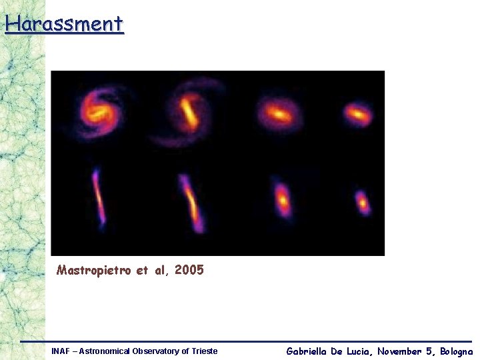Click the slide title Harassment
click(64, 24)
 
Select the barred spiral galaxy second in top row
click(189, 112)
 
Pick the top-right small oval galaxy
click(358, 115)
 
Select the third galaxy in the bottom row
click(283, 199)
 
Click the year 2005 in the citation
click(189, 271)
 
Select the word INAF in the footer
click(61, 351)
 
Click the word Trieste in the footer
click(204, 351)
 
